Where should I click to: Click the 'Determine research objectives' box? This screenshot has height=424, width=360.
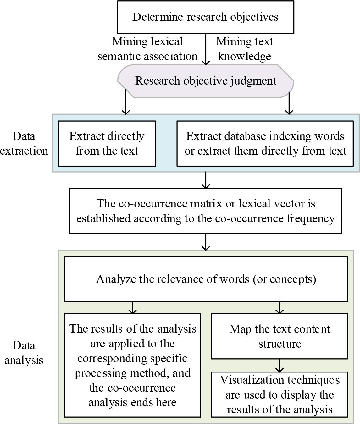coord(205,17)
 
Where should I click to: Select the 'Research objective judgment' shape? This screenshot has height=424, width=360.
coord(205,81)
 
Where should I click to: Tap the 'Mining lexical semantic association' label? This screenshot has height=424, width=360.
coord(147,49)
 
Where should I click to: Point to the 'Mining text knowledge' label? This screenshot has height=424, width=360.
coord(244,49)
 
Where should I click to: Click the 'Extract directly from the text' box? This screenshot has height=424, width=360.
coord(107,143)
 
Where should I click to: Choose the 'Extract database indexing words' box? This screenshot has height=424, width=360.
coord(265,143)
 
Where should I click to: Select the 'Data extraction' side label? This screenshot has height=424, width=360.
coord(24,143)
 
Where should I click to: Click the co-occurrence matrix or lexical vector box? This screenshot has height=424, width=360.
coord(205,211)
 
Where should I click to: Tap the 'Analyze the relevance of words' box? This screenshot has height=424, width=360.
coord(206,279)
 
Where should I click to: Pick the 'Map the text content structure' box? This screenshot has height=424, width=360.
coord(279,336)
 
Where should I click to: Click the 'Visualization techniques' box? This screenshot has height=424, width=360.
coord(279,394)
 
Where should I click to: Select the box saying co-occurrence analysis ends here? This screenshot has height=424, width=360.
coord(132,365)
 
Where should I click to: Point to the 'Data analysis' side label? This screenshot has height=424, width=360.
coord(24,352)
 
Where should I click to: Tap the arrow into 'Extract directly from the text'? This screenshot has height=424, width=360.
coord(126,104)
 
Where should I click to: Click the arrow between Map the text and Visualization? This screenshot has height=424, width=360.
coord(279,366)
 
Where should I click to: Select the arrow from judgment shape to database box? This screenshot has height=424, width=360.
coord(289,104)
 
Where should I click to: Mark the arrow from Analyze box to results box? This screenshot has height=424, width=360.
coord(133,308)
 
